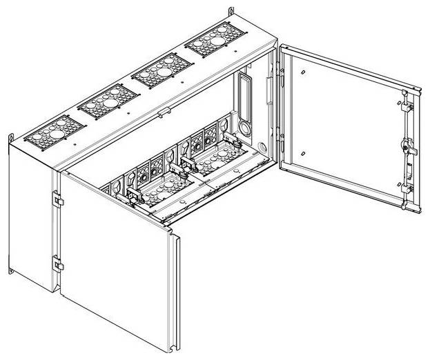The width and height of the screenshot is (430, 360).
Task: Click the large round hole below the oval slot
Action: tap(245, 128)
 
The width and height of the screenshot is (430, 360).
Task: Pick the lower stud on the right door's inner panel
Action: tap(303, 152)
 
